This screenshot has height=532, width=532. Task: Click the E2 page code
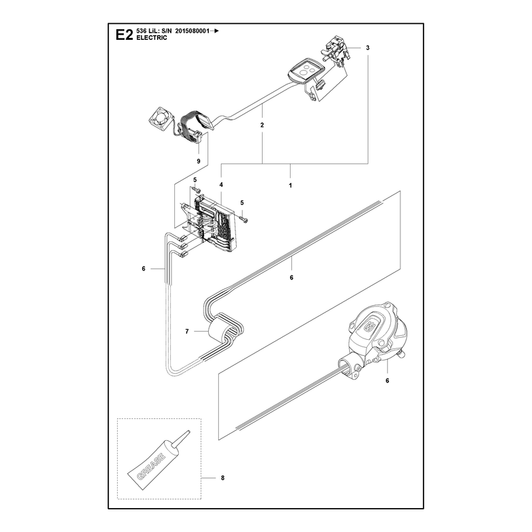click(x=124, y=35)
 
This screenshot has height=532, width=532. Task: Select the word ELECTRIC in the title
click(x=152, y=38)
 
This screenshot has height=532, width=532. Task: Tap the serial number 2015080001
click(x=192, y=31)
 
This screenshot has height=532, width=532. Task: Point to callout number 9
click(x=198, y=161)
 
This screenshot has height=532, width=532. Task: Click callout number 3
click(x=368, y=48)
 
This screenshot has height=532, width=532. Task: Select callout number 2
click(x=262, y=125)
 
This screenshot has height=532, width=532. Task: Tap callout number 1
click(x=290, y=186)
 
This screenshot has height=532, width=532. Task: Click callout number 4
click(x=221, y=185)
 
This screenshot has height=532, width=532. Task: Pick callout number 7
click(x=187, y=331)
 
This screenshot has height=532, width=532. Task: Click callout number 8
click(x=223, y=477)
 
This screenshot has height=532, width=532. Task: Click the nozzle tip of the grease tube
click(x=189, y=432)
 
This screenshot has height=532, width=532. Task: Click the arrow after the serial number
click(x=215, y=31)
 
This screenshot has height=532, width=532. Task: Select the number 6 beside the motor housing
click(x=387, y=380)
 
